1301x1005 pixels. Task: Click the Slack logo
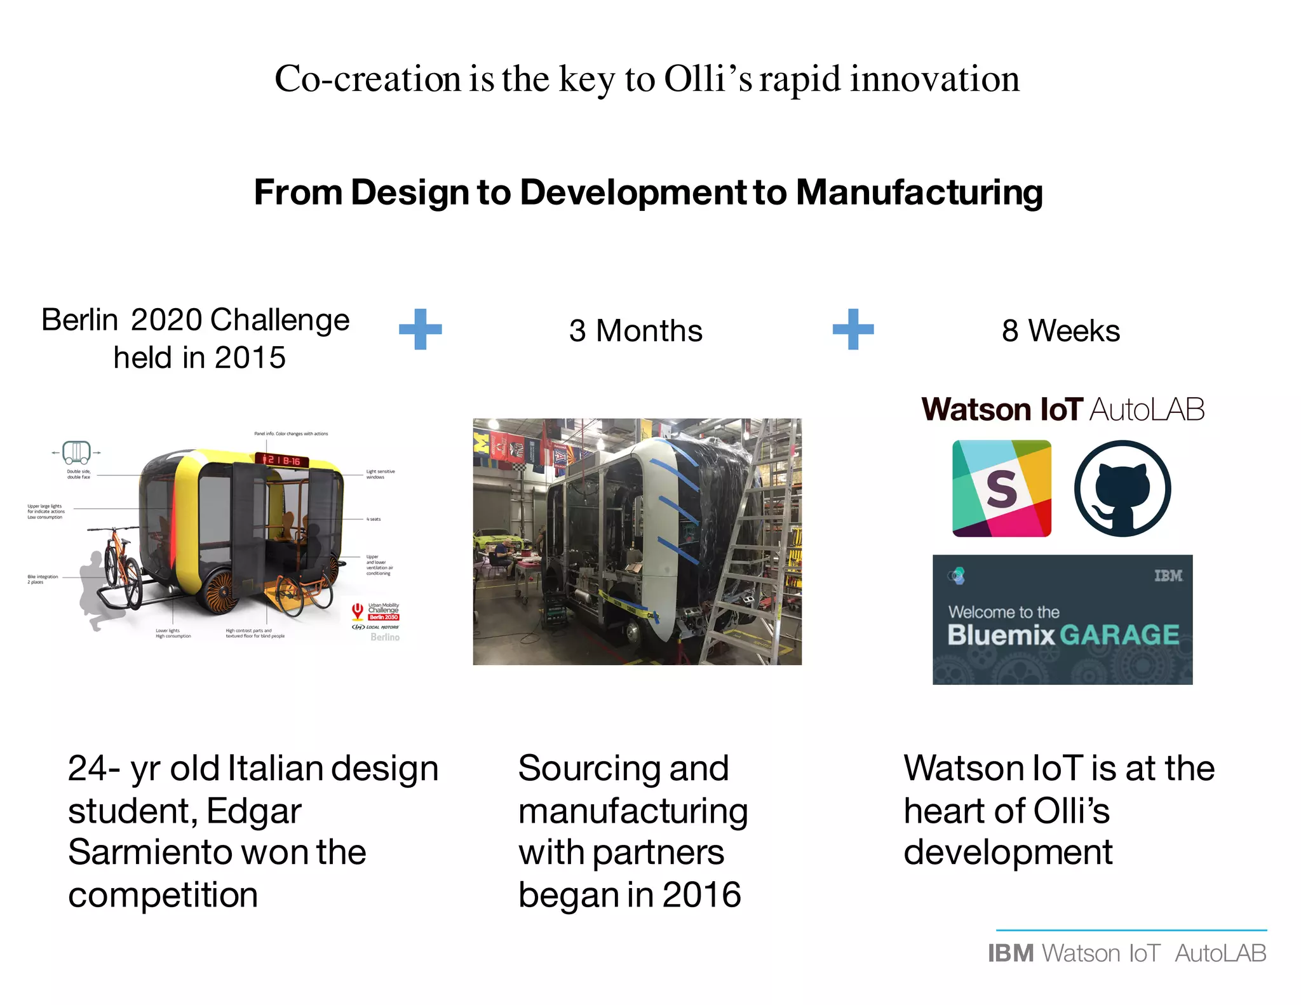1001,489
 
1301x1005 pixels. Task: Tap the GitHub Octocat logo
1122,489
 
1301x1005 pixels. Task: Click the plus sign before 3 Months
420,329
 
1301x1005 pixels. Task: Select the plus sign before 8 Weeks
853,329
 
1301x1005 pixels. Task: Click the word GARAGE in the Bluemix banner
1119,635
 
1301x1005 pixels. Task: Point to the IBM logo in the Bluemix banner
1168,576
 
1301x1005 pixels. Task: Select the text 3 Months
635,331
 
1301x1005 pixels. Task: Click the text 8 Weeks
1060,331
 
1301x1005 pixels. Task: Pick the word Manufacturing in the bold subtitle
919,192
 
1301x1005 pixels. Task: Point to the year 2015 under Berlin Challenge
250,358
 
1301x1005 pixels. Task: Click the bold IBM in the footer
1011,954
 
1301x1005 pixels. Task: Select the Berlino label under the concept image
385,637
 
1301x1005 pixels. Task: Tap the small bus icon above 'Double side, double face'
76,453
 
